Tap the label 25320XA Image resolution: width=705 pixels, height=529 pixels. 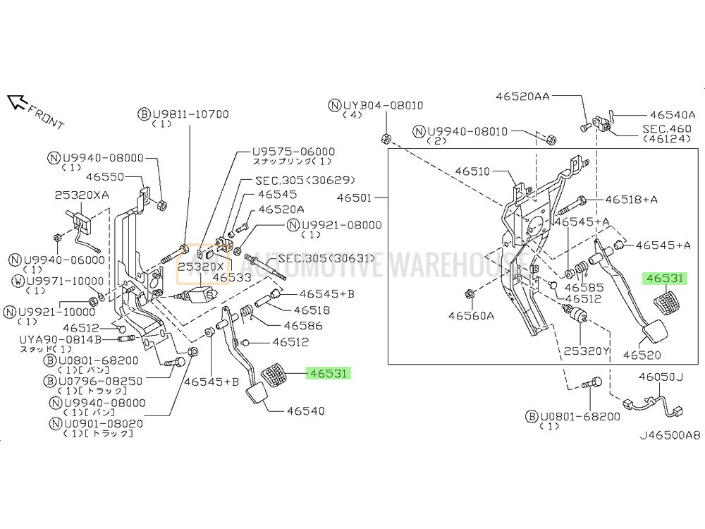(x=82, y=194)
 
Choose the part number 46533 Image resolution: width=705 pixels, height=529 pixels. (x=232, y=278)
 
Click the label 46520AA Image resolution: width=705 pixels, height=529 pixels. (x=522, y=97)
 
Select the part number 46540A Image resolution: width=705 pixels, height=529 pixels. (x=673, y=114)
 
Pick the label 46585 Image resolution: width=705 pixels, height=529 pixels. (x=577, y=288)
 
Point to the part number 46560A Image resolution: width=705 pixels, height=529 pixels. (x=471, y=315)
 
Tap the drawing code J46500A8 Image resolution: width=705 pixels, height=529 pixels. (x=670, y=435)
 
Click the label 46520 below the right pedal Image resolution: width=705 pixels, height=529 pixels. (x=641, y=356)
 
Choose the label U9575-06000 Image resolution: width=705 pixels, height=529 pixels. (x=294, y=152)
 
